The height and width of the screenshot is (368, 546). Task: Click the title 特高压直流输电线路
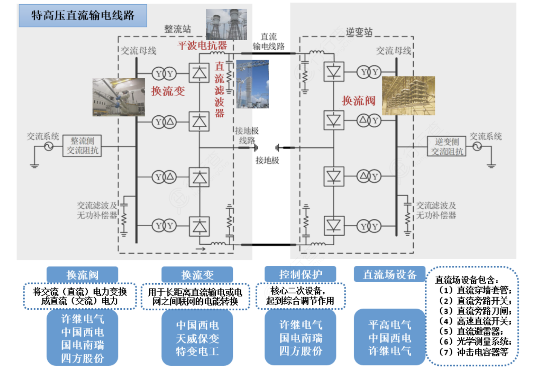click(83, 15)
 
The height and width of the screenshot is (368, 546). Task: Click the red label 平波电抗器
click(202, 45)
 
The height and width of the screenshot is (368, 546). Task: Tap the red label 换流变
click(168, 91)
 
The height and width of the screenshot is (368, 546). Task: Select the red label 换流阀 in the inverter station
click(358, 101)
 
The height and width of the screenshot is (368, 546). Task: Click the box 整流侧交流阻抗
click(82, 146)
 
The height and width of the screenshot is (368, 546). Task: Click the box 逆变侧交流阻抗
click(447, 146)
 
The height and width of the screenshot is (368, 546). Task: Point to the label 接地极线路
click(247, 135)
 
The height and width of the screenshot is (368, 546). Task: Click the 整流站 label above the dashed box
click(177, 29)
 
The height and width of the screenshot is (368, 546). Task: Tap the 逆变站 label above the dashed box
click(359, 32)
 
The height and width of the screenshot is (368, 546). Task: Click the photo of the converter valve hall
click(408, 96)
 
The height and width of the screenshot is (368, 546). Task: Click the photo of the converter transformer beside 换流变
click(118, 97)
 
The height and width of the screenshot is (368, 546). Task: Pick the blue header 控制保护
click(300, 274)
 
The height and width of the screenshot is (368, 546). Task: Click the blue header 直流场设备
click(389, 274)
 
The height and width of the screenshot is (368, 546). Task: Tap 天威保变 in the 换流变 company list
click(197, 339)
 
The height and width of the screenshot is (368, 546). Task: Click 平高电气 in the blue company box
click(389, 325)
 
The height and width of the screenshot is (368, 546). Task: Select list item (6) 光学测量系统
click(475, 342)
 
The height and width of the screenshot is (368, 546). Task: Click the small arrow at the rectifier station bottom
click(201, 249)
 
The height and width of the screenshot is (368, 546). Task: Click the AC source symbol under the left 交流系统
click(49, 147)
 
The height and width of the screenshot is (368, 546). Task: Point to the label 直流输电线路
click(268, 42)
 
